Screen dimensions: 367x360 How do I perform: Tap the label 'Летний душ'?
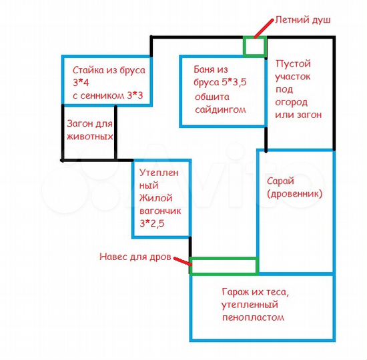click(x=303, y=20)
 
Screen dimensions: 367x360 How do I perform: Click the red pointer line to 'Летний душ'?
click(x=264, y=29)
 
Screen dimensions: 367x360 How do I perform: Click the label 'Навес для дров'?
click(x=135, y=257)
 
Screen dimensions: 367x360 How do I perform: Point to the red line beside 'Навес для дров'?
click(x=182, y=261)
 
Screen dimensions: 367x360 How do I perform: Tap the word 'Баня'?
click(x=202, y=69)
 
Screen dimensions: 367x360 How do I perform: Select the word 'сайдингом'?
click(x=220, y=110)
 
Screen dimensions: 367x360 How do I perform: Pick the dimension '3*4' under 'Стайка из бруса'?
click(x=81, y=83)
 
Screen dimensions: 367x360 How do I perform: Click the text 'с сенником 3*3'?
click(x=107, y=95)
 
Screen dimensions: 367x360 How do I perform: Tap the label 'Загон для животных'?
click(x=90, y=130)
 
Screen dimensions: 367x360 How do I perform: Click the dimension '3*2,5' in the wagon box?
click(x=152, y=223)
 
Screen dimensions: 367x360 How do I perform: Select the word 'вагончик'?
click(x=160, y=211)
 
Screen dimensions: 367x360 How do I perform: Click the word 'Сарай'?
click(x=280, y=181)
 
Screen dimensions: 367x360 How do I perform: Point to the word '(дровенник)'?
click(x=295, y=194)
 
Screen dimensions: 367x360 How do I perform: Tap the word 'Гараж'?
click(x=236, y=292)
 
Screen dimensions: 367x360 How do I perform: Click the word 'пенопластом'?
click(x=253, y=317)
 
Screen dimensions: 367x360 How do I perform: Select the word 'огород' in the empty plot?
click(x=291, y=102)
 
